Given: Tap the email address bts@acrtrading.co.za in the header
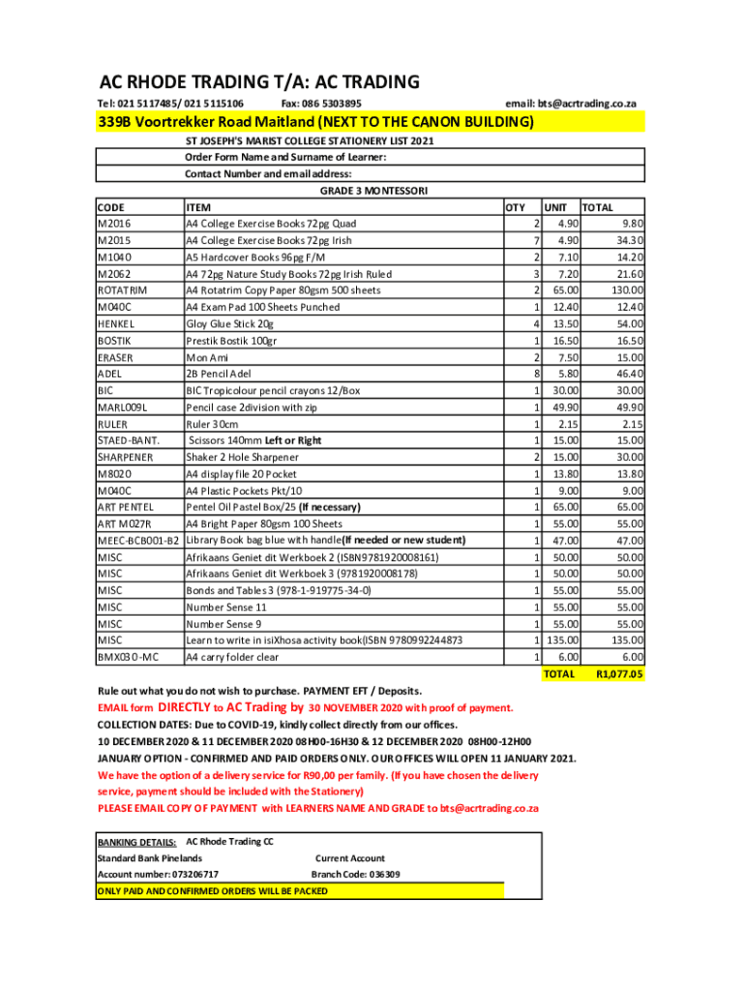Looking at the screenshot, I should point(587,104).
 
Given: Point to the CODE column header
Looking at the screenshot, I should point(112,207).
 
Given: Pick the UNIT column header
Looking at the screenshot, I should point(555,207).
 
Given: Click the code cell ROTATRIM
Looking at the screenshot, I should point(123,290).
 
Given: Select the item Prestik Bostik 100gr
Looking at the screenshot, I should point(231,341).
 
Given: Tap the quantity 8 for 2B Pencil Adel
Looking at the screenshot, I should point(536,374).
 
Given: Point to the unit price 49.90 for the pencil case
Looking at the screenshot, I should point(564,407).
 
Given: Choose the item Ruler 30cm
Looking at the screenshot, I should point(212,424).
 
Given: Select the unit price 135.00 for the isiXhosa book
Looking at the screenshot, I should point(562,640).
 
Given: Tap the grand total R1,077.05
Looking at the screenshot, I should point(620,675).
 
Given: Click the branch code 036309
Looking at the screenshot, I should point(377,874).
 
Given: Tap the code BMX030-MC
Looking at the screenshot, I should point(128,657).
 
